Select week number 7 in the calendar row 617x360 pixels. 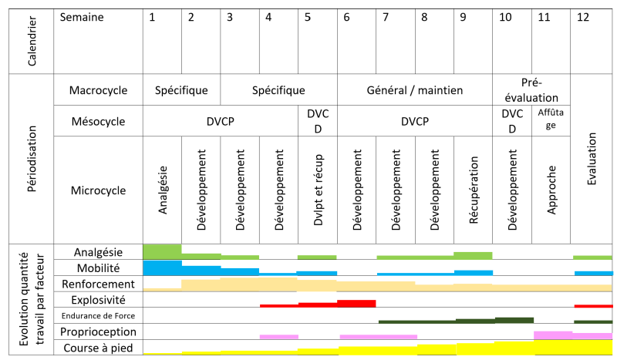pos(385,18)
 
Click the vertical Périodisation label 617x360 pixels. pos(32,159)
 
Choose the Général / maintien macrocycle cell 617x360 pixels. pos(415,90)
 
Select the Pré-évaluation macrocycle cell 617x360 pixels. pos(531,89)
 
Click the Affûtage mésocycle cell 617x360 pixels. pos(551,120)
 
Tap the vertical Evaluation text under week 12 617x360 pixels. pos(592,159)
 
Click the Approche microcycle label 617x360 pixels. pos(551,190)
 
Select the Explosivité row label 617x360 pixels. pos(98,300)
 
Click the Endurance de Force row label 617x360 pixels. pos(98,316)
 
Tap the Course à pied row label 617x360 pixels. pos(98,348)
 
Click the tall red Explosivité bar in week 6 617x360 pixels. pos(356,303)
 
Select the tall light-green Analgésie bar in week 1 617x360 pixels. pos(162,251)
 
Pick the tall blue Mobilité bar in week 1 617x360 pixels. pos(162,267)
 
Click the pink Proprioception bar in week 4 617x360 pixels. pos(278,336)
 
